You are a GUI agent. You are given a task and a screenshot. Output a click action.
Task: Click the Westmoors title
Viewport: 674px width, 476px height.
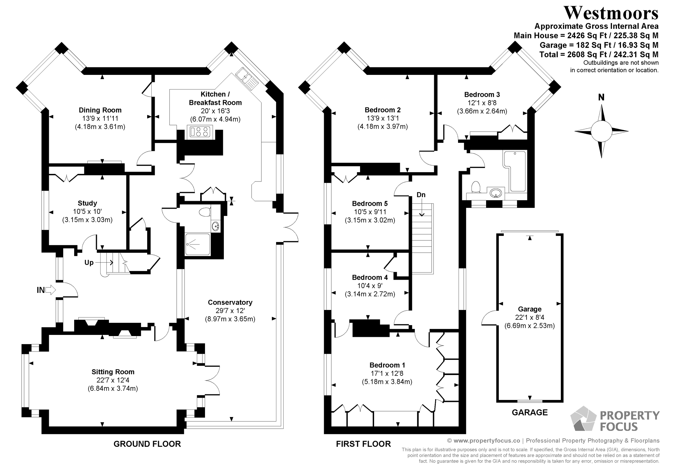click(611, 13)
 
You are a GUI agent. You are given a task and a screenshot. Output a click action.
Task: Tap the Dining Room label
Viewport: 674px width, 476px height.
click(100, 110)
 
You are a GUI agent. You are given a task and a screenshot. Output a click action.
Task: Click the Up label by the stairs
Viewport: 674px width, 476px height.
click(89, 263)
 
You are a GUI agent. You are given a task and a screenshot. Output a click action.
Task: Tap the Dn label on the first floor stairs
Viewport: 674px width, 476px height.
click(421, 195)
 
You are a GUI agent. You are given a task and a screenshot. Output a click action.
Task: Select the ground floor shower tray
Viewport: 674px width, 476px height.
click(197, 244)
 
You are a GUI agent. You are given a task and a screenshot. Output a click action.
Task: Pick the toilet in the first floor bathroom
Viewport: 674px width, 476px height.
click(475, 187)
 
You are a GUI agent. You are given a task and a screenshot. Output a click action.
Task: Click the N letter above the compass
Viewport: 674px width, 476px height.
click(601, 97)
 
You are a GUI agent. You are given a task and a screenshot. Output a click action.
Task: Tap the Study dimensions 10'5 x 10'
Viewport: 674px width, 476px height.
click(87, 211)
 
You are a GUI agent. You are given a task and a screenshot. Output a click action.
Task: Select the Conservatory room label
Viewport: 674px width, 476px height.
click(230, 302)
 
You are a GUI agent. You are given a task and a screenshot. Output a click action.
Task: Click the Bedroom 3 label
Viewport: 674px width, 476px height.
click(482, 95)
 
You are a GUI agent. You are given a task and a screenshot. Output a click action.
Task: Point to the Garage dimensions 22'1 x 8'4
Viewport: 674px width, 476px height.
click(530, 317)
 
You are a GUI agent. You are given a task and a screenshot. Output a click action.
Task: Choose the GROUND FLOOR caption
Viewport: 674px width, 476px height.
click(147, 444)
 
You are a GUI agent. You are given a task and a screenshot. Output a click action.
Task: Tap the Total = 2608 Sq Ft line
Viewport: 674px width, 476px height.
click(599, 54)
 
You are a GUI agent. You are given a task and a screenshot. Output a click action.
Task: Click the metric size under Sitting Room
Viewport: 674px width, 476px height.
click(113, 388)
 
